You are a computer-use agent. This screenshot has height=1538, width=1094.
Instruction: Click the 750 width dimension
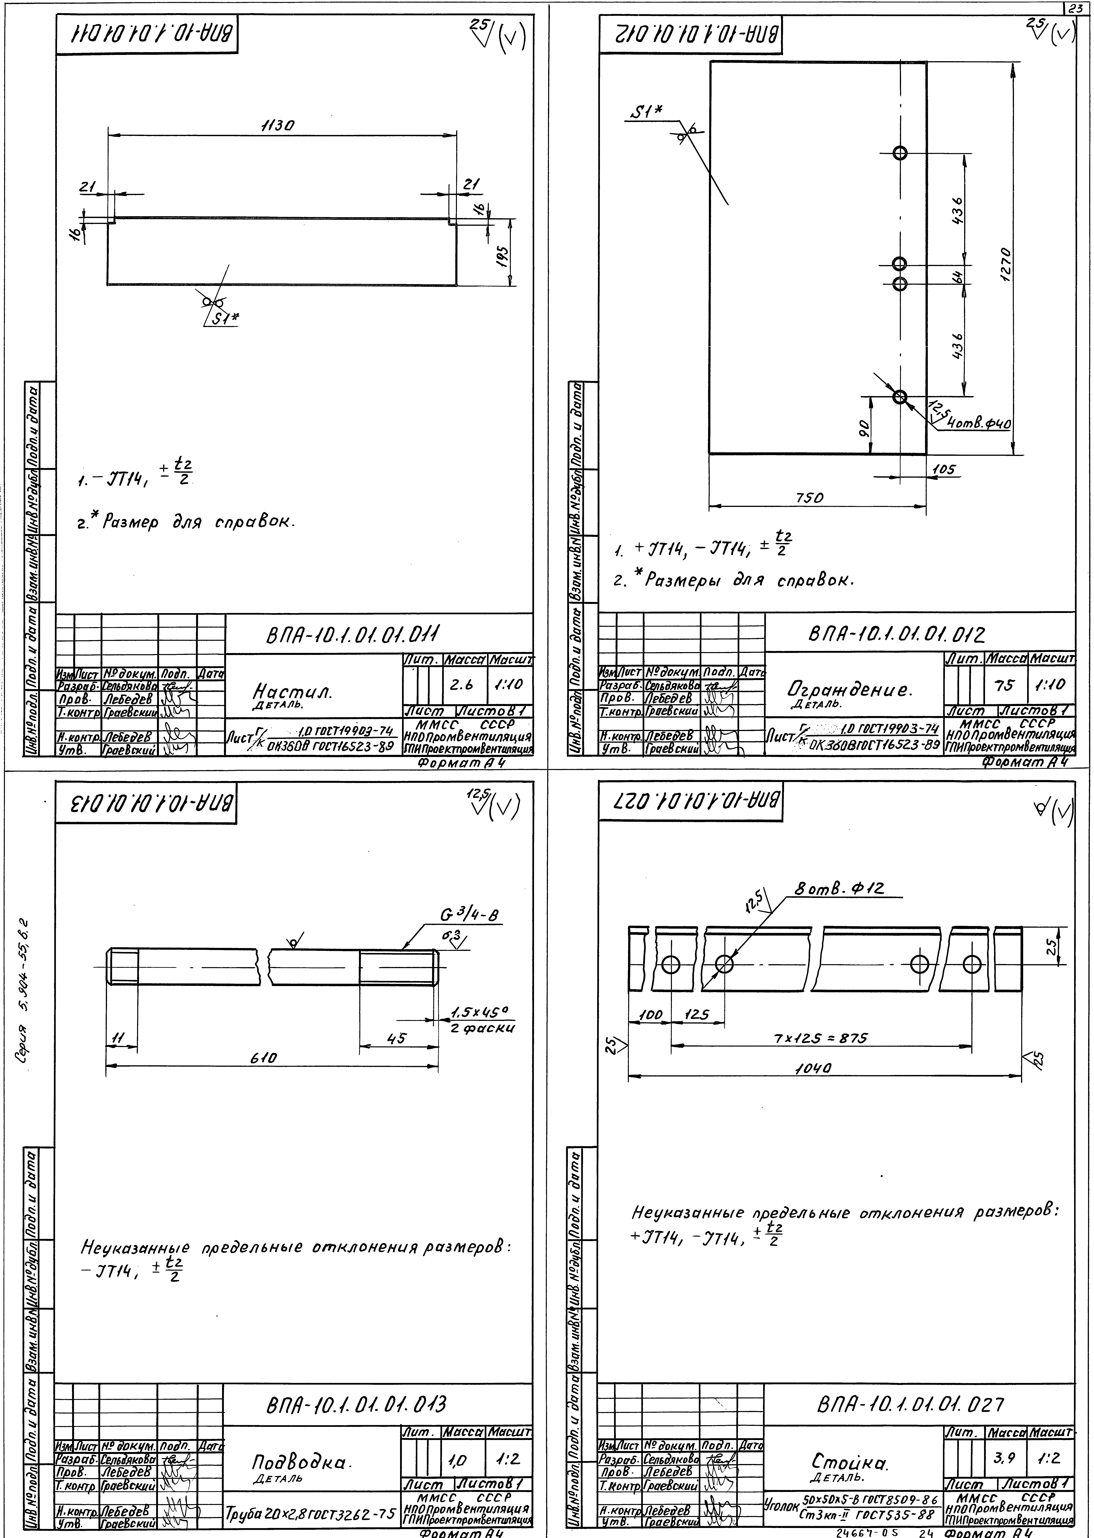tap(809, 498)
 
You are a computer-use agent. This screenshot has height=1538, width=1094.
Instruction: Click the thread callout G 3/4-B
tap(472, 915)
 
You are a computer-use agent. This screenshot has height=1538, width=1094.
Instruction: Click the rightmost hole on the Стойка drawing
tap(972, 964)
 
